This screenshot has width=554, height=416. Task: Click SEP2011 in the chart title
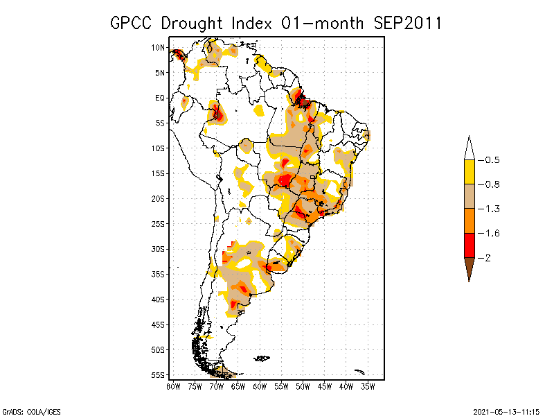[x=408, y=23]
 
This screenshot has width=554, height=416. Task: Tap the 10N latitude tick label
[x=158, y=47]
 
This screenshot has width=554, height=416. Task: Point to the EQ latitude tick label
[x=159, y=98]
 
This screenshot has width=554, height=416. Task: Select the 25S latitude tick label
[x=158, y=223]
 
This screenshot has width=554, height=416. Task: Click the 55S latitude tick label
[x=158, y=374]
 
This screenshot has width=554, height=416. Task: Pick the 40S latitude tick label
[x=158, y=299]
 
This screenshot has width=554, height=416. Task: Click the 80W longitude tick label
[x=173, y=385]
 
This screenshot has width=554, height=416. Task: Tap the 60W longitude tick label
[x=260, y=385]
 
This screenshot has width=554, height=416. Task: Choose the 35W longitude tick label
[x=368, y=385]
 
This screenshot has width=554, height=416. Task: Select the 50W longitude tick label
[x=303, y=385]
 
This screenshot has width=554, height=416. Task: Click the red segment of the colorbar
[x=470, y=245]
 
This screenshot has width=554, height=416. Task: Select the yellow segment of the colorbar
[x=470, y=172]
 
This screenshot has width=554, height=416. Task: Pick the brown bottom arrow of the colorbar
[x=470, y=268]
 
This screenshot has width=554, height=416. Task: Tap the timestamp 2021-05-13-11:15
[x=505, y=410]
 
